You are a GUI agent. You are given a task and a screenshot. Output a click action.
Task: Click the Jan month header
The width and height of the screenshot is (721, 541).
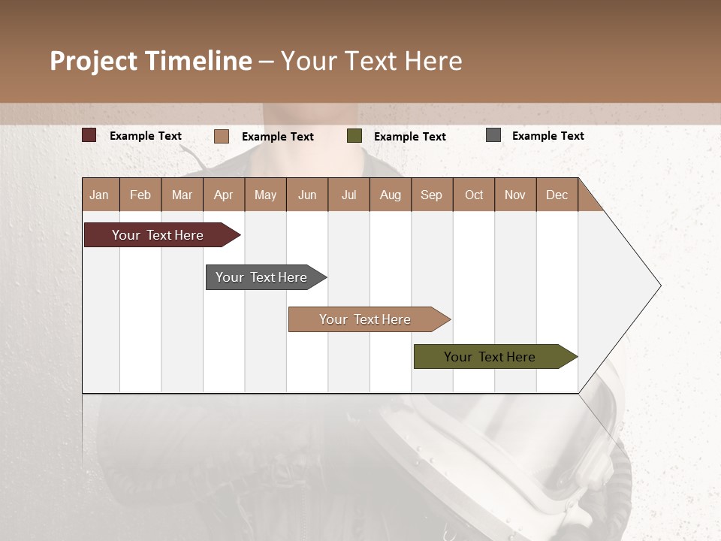(100, 195)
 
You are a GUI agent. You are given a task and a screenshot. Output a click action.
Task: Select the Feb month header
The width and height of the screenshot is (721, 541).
(140, 195)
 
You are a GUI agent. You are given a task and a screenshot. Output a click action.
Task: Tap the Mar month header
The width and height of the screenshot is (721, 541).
(182, 195)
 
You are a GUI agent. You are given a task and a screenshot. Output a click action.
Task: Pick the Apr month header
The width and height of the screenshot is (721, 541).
(224, 195)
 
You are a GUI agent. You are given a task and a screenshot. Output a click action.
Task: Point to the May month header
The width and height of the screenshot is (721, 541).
(265, 195)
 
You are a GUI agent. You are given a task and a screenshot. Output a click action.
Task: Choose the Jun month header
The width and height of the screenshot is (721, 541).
(307, 195)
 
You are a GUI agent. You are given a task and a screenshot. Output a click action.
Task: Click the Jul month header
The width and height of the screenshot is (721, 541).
(348, 195)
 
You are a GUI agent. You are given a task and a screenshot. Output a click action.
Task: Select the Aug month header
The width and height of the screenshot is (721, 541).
(391, 195)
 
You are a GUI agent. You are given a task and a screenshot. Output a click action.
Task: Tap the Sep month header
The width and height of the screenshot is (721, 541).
(432, 195)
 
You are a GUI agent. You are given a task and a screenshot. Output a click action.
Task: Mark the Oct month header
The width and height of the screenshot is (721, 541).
(474, 195)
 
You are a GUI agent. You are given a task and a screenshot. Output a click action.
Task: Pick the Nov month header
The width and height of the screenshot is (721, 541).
(515, 195)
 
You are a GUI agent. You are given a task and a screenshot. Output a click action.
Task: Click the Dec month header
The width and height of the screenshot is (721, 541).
(557, 195)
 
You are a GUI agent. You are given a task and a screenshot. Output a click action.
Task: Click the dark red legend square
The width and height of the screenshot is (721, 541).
(89, 135)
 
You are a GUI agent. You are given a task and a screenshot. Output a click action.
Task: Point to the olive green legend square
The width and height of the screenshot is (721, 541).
(354, 136)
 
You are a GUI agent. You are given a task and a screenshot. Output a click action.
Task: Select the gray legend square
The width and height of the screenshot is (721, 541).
(493, 135)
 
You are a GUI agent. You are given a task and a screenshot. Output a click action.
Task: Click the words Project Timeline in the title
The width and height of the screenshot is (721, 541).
(151, 61)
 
